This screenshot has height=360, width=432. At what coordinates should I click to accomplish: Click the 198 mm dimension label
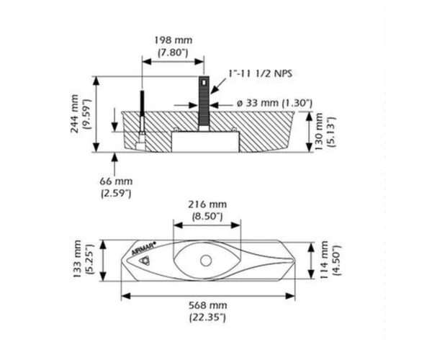pyautogui.click(x=173, y=40)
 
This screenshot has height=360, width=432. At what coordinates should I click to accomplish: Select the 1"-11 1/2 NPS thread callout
pyautogui.click(x=259, y=74)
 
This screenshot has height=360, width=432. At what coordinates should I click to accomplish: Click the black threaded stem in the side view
pyautogui.click(x=203, y=104)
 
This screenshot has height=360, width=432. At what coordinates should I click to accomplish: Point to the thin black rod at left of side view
pyautogui.click(x=143, y=112)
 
